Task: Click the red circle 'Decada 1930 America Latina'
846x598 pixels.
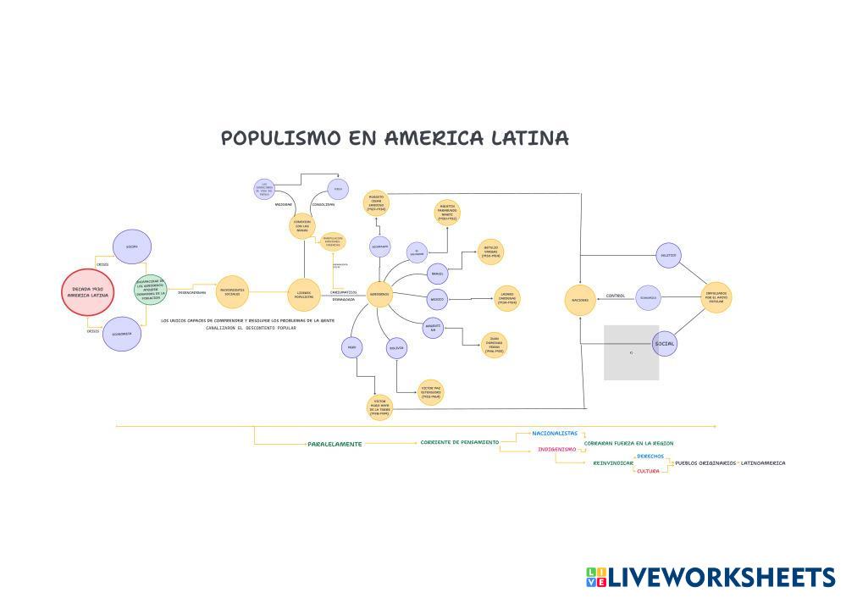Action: click(88, 292)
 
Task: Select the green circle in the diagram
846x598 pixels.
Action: click(151, 291)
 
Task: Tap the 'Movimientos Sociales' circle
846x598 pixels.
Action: click(232, 291)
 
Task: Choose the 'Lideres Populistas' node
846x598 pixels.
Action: click(303, 294)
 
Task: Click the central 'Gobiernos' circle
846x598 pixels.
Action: click(379, 294)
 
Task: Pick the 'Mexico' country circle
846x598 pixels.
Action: click(437, 299)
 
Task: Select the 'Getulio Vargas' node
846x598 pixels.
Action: click(491, 252)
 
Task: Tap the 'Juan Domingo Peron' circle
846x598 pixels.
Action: click(494, 345)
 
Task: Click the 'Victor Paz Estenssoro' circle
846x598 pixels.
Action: click(430, 392)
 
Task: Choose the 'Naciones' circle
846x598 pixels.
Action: click(579, 300)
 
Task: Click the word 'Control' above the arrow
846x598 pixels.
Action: click(616, 296)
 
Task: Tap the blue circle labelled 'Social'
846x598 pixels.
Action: click(665, 343)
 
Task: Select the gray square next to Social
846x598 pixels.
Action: click(631, 352)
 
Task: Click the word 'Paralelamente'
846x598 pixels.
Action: click(335, 444)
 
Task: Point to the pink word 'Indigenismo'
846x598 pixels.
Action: click(556, 449)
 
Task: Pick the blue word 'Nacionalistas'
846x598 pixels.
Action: click(555, 433)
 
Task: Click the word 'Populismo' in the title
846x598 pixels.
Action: click(280, 138)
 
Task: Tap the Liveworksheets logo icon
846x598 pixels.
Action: click(596, 577)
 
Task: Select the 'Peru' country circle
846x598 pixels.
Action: click(351, 347)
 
